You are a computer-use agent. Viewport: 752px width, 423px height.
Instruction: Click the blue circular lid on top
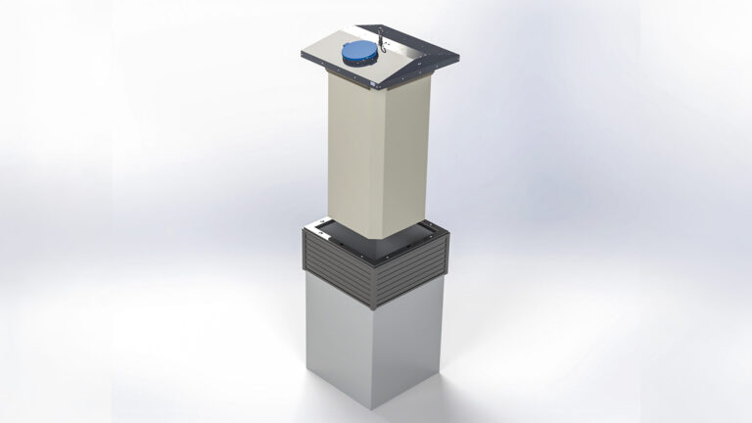(360, 52)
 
